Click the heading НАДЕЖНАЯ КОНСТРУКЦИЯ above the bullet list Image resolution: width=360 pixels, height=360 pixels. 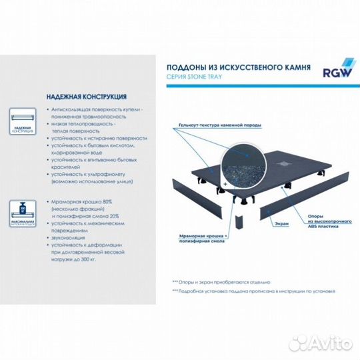(x=83, y=95)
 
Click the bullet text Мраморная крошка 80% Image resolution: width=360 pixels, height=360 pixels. (x=80, y=201)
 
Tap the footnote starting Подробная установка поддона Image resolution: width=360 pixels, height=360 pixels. (x=253, y=291)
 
